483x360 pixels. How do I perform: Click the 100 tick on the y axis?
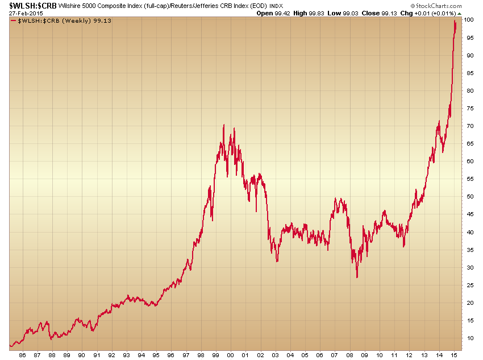tap(469, 20)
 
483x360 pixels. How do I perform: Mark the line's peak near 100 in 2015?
tap(455, 21)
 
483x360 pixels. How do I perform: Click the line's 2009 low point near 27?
tap(357, 278)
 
